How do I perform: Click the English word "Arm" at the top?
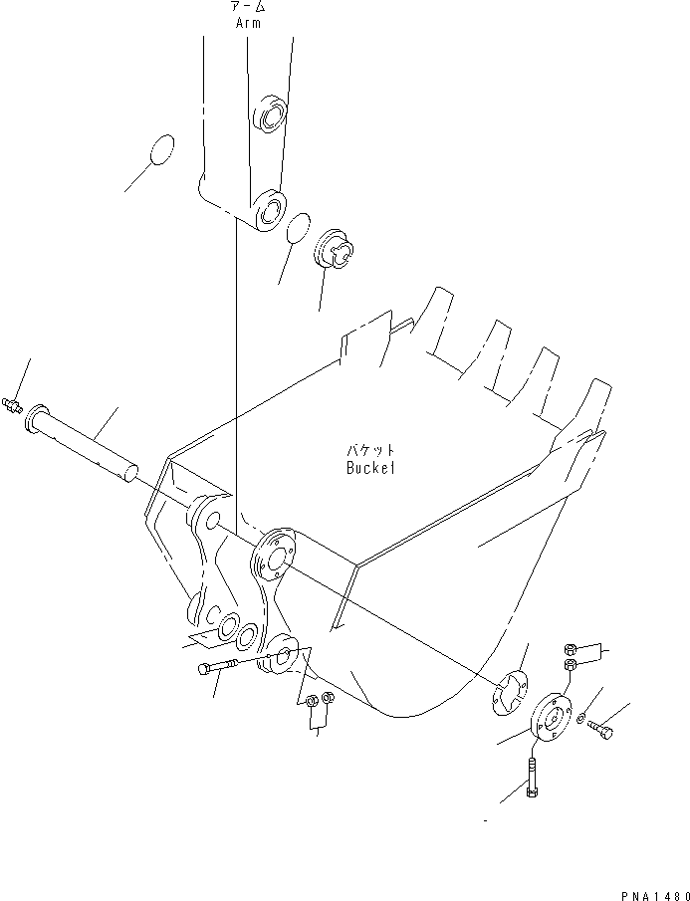point(248,23)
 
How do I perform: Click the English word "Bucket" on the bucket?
point(370,467)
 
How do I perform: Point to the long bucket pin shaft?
point(85,440)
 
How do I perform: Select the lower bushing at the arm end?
point(268,210)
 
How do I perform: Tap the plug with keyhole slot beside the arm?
point(334,251)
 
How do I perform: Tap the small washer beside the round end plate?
point(581,719)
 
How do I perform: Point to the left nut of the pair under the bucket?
point(310,700)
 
